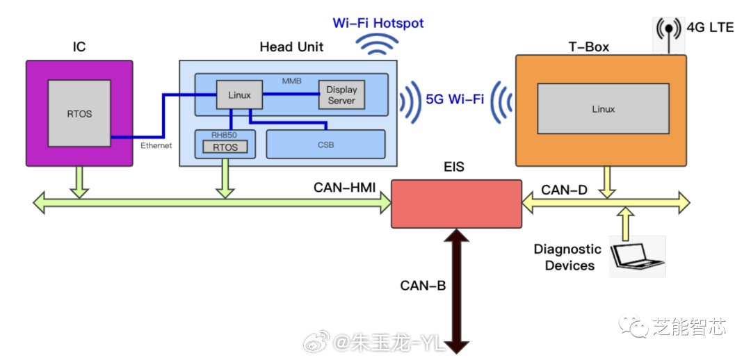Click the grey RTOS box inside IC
[x=79, y=113]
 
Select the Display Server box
[x=341, y=95]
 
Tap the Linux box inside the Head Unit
[x=239, y=95]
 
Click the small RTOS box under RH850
[x=225, y=147]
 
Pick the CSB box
[x=325, y=144]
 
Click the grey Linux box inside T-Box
[x=603, y=109]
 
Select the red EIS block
[x=456, y=203]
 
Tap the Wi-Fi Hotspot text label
[x=378, y=23]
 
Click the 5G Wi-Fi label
[x=455, y=99]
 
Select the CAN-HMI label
[x=345, y=187]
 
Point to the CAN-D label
[x=565, y=189]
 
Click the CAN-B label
[x=423, y=285]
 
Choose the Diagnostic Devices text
[x=567, y=257]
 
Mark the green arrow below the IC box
[x=79, y=182]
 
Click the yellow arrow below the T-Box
[x=607, y=181]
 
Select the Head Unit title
[x=291, y=47]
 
